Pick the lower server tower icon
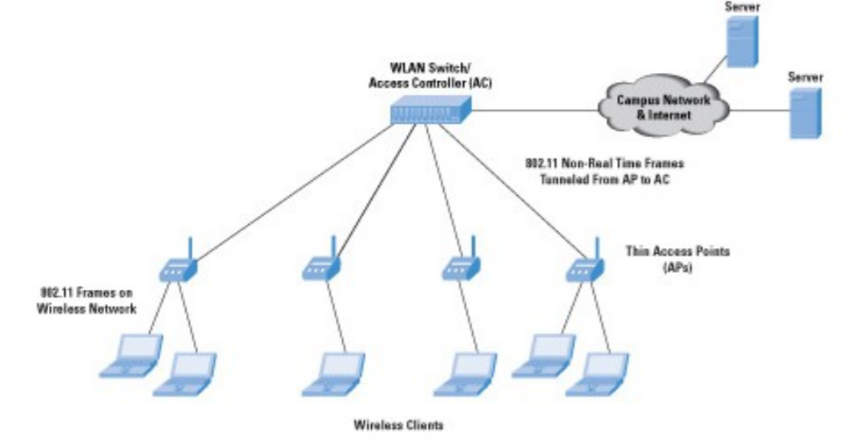(x=804, y=114)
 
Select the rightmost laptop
(x=595, y=373)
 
